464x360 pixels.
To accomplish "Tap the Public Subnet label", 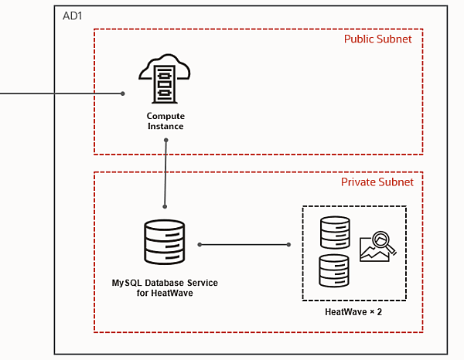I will coord(377,39).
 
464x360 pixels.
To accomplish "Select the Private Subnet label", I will coord(377,182).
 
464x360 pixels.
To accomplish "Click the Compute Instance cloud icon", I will coord(165,79).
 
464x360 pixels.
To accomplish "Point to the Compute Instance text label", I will coord(165,121).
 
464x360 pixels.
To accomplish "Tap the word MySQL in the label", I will coord(126,284).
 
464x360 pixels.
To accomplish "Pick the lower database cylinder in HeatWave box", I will coord(335,270).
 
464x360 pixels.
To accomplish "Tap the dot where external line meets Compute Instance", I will coord(123,94).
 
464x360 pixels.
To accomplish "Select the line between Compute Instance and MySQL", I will coord(165,174).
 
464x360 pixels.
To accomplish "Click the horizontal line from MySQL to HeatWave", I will coord(244,245).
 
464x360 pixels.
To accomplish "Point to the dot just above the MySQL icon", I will coord(165,206).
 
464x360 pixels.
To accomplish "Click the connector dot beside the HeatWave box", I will coord(289,245).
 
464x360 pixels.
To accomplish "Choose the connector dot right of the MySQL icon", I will coord(199,245).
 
